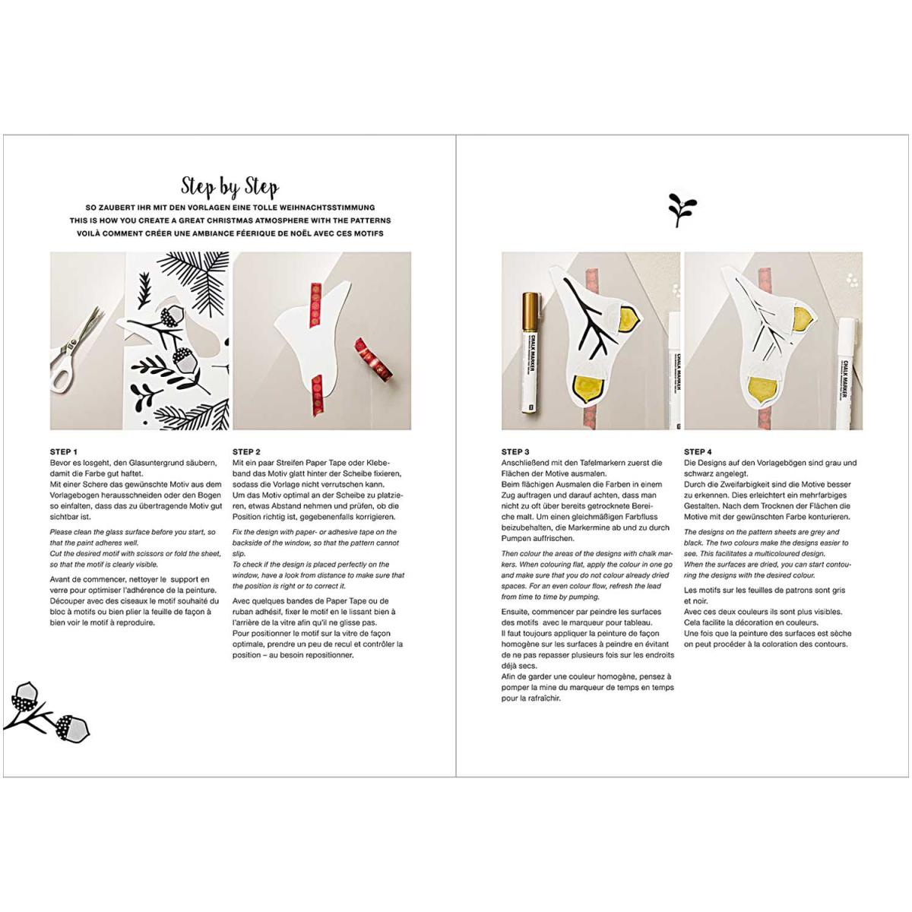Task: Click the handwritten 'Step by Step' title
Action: click(230, 187)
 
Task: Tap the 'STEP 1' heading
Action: click(64, 452)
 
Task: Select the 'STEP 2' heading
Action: click(246, 452)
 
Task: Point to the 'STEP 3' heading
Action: click(515, 452)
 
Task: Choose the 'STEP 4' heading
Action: click(698, 452)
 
